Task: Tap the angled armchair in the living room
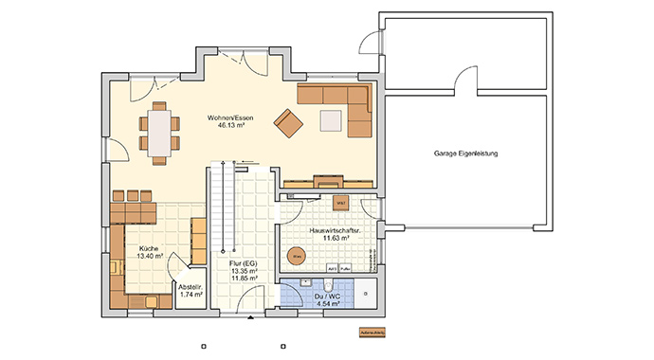coord(288,121)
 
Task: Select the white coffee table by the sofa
coord(332,120)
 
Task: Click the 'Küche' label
coord(148,248)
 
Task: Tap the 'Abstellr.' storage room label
coord(191,289)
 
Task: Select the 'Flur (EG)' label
coord(244,262)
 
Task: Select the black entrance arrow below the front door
coord(250,320)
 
